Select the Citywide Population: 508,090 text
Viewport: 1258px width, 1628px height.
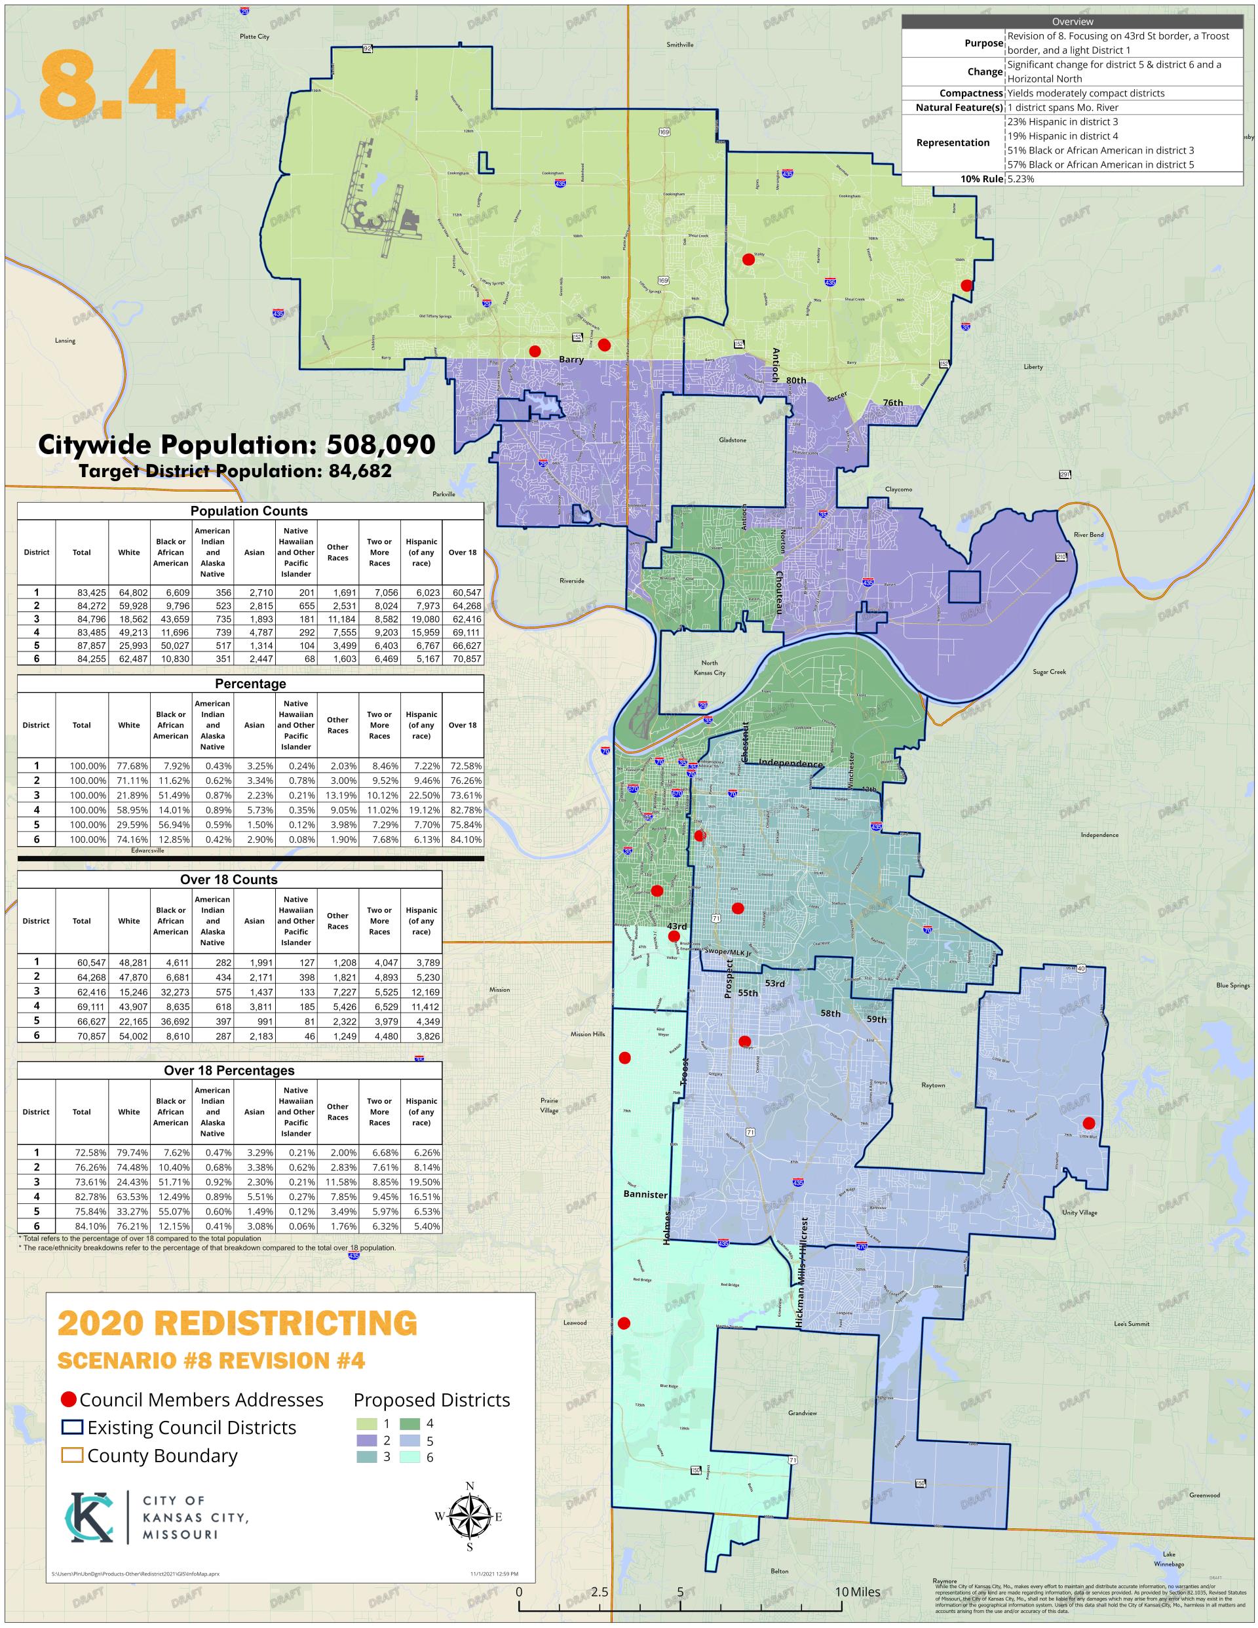(x=237, y=444)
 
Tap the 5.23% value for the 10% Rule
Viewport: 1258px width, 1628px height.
(x=1020, y=179)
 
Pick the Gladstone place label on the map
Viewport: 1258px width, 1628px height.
(x=732, y=440)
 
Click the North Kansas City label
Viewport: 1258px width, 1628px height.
(x=709, y=667)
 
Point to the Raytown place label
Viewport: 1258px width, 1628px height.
(x=932, y=1085)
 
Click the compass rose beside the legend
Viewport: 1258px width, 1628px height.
(x=470, y=1516)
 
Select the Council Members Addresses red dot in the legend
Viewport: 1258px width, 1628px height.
(x=69, y=1399)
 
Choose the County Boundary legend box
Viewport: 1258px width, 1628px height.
(x=72, y=1455)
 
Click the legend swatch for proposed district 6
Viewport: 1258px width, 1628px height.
(x=409, y=1456)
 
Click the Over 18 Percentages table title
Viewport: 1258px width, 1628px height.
(x=229, y=1070)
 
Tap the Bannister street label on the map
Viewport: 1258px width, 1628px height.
(x=645, y=1194)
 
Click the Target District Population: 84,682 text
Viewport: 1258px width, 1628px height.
(x=235, y=471)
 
